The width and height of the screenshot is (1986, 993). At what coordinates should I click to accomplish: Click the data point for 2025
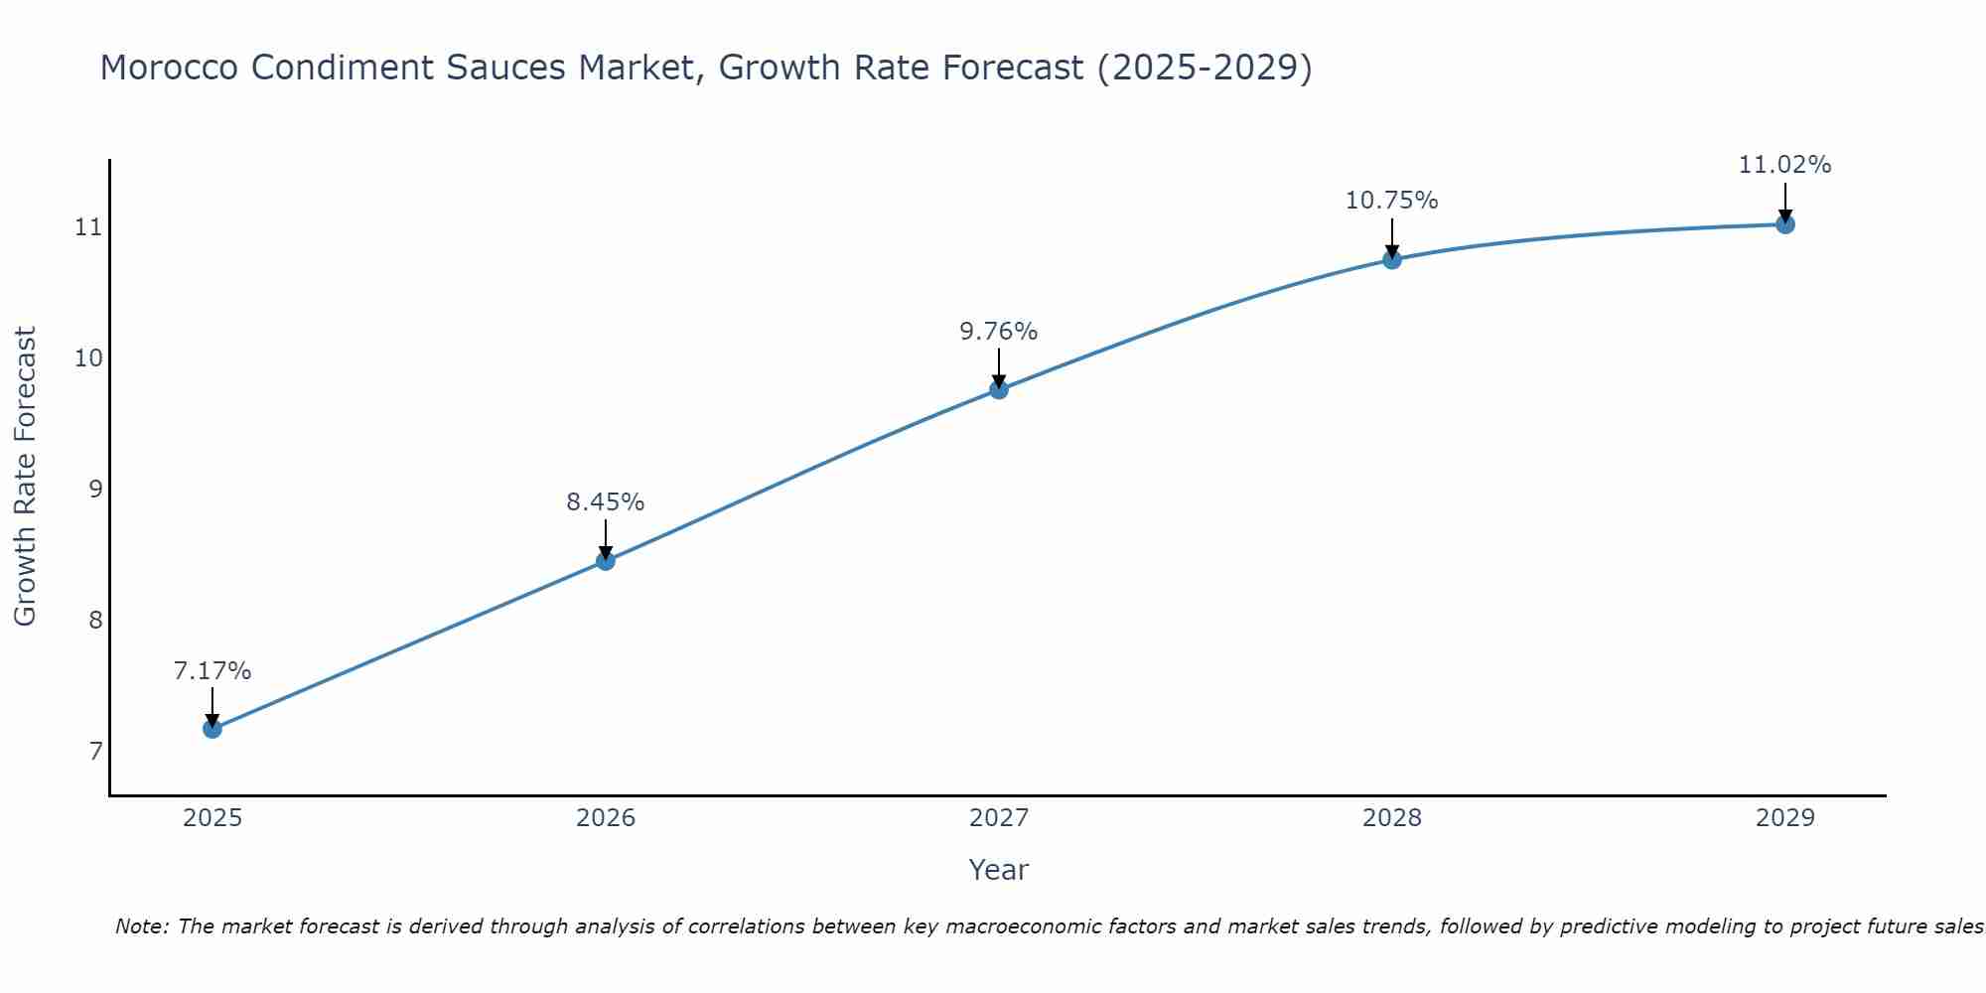213,729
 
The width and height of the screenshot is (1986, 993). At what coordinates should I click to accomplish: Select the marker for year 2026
606,561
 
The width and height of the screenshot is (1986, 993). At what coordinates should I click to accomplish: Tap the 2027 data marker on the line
999,389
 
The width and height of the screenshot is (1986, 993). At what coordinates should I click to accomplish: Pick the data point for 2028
1392,260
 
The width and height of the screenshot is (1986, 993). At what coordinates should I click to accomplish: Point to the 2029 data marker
1785,224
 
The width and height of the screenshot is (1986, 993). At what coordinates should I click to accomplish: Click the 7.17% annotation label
213,671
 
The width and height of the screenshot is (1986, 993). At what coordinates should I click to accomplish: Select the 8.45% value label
606,502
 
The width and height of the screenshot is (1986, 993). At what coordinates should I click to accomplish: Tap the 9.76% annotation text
999,332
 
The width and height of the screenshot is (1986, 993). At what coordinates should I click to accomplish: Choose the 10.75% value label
1392,201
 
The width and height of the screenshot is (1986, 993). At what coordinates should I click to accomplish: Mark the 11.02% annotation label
1785,165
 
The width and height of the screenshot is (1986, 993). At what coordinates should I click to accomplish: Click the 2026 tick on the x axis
606,818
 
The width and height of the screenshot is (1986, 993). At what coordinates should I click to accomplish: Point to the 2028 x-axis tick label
1392,818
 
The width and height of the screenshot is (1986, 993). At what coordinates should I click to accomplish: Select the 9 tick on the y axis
95,490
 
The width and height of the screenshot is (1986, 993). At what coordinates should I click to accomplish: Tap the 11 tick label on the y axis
89,228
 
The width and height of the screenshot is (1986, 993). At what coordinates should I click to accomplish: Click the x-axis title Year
999,870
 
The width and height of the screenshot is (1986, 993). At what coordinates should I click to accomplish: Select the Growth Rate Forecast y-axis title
25,477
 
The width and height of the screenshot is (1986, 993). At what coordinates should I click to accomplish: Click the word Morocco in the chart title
170,69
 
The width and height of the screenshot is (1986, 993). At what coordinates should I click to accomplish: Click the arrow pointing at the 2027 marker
999,367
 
